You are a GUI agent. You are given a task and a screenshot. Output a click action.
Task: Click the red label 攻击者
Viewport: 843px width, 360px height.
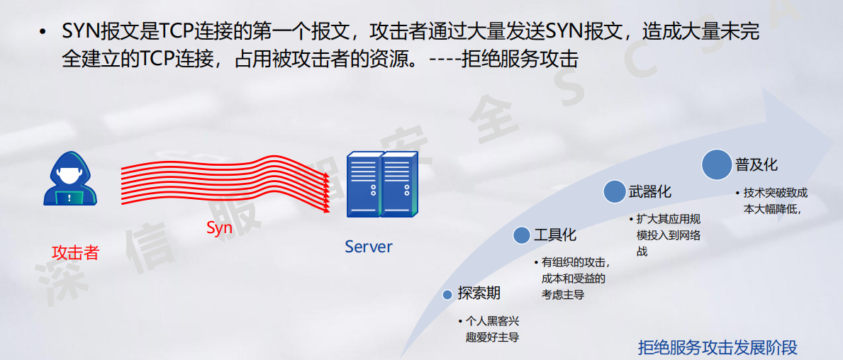point(75,253)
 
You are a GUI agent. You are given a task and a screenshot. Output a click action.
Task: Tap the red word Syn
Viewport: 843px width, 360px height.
point(220,228)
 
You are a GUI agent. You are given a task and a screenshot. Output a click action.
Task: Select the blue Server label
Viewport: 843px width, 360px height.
point(368,247)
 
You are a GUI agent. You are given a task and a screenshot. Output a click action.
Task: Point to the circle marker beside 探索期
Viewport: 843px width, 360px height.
point(447,294)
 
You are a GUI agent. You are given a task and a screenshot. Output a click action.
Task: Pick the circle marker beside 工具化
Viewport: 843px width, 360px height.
point(522,236)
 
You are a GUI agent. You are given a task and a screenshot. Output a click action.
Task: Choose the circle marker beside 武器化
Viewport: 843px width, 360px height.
point(614,191)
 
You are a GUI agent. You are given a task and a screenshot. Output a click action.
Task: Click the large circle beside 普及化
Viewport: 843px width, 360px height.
point(716,164)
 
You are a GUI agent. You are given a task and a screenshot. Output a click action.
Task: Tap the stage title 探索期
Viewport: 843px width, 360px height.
point(479,293)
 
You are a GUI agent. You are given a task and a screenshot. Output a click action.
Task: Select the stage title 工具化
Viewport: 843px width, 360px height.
point(555,235)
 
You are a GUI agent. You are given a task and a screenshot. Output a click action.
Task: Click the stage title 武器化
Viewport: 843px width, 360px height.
point(649,191)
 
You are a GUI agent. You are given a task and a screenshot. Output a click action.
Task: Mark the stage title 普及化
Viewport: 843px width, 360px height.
point(757,164)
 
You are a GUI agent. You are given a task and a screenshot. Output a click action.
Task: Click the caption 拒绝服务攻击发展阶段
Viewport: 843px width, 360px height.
point(718,347)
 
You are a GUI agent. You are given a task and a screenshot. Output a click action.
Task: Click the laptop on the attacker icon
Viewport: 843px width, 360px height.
point(69,197)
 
